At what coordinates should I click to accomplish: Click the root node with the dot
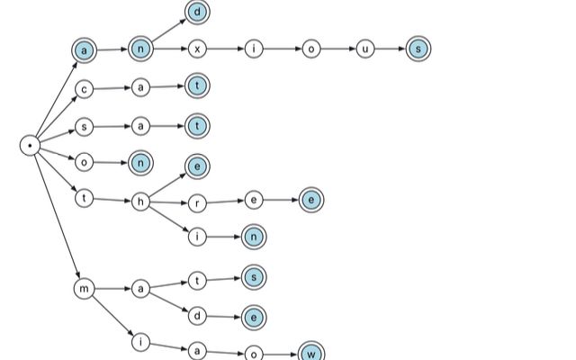pyautogui.click(x=30, y=146)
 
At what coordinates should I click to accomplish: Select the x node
pyautogui.click(x=197, y=49)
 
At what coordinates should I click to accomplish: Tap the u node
pyautogui.click(x=365, y=49)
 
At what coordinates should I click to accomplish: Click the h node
pyautogui.click(x=140, y=202)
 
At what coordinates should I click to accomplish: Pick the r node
pyautogui.click(x=197, y=203)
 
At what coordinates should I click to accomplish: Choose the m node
pyautogui.click(x=84, y=289)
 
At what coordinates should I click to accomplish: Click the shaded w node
pyautogui.click(x=311, y=354)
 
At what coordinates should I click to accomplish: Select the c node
pyautogui.click(x=84, y=89)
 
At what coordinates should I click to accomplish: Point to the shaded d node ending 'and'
pyautogui.click(x=197, y=12)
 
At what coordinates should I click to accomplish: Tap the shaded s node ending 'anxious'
pyautogui.click(x=418, y=49)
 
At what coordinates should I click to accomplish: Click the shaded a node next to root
pyautogui.click(x=84, y=50)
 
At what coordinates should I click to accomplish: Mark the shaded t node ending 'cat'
pyautogui.click(x=197, y=86)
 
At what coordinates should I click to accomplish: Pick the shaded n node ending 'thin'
pyautogui.click(x=254, y=237)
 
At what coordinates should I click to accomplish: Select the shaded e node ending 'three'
pyautogui.click(x=311, y=200)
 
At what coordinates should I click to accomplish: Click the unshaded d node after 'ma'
pyautogui.click(x=197, y=316)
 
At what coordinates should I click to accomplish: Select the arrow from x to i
pyautogui.click(x=226, y=49)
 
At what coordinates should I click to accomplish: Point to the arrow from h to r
pyautogui.click(x=169, y=202)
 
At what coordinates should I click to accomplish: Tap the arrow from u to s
pyautogui.click(x=390, y=49)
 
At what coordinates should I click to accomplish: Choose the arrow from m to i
pyautogui.click(x=112, y=316)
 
